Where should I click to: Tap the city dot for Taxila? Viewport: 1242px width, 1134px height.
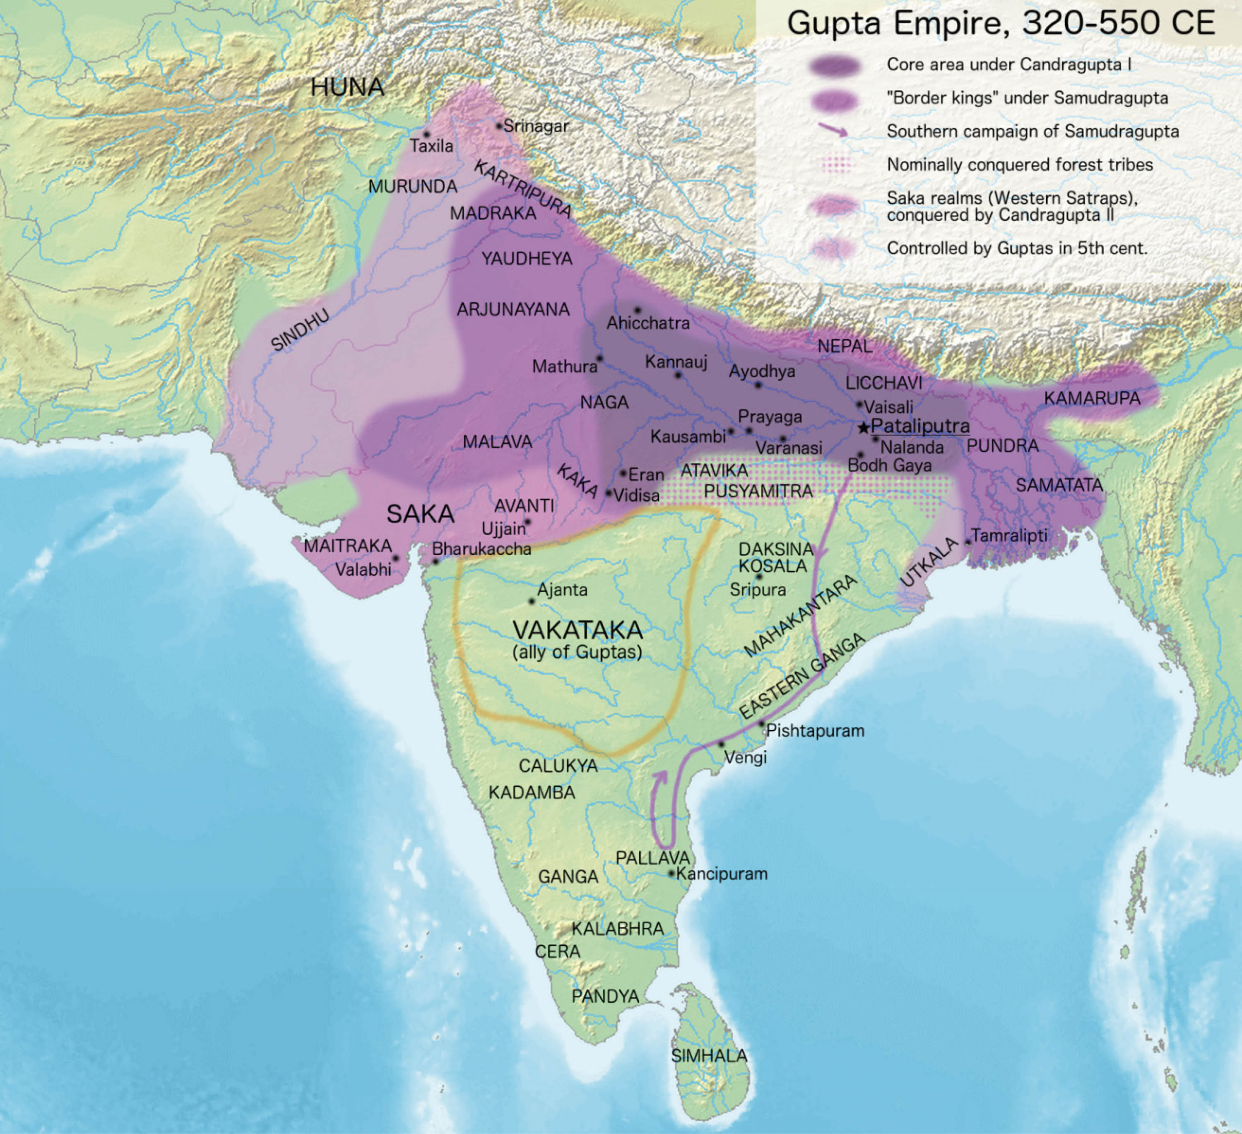pyautogui.click(x=426, y=134)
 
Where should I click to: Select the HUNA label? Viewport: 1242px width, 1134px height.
pyautogui.click(x=347, y=87)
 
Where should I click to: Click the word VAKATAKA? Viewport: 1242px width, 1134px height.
pyautogui.click(x=577, y=630)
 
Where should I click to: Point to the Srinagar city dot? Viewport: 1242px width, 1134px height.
pyautogui.click(x=499, y=126)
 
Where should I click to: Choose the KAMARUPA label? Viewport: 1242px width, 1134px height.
pyautogui.click(x=1092, y=399)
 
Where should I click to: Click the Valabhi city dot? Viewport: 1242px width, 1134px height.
pyautogui.click(x=395, y=558)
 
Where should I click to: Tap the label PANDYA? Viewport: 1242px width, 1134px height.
pyautogui.click(x=605, y=996)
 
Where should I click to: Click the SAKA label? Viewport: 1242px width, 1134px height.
pyautogui.click(x=420, y=514)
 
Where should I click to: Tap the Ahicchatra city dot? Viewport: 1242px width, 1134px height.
pyautogui.click(x=638, y=310)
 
